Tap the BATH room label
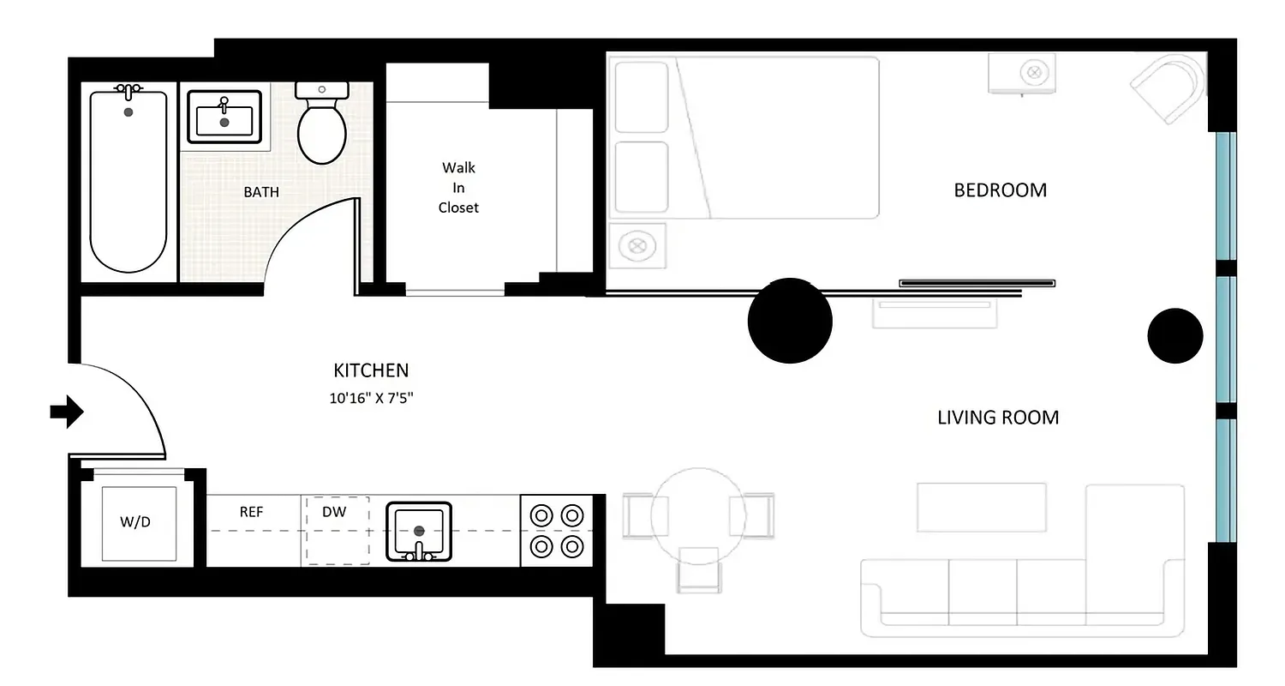tap(261, 192)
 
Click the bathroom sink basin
tap(224, 118)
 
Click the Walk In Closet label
tap(458, 187)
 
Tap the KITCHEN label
tap(371, 370)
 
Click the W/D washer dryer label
tap(135, 521)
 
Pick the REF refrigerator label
tap(251, 512)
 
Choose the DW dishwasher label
tap(334, 512)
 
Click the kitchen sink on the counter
tap(419, 531)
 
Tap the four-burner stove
tap(557, 530)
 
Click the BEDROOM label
tap(1000, 190)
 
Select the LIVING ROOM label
tap(998, 418)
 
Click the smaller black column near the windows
tap(1174, 336)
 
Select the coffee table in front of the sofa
tap(982, 508)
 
